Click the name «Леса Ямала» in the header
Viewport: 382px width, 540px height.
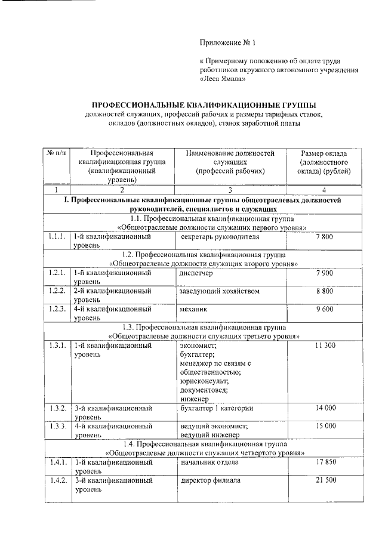coord(224,78)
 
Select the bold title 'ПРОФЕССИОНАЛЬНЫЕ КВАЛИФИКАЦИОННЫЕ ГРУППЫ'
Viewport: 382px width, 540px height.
coord(203,104)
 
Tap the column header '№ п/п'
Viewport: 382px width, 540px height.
coord(56,153)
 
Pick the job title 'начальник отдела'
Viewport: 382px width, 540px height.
coord(210,462)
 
